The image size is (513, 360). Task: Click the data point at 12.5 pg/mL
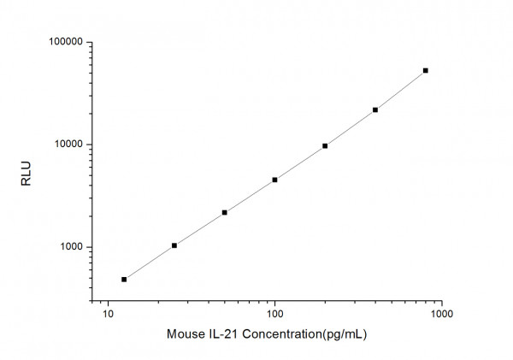124,279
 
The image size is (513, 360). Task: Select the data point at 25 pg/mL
174,245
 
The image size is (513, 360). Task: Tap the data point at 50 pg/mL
224,212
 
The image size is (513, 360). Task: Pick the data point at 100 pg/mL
274,180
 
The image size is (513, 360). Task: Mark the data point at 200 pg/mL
325,145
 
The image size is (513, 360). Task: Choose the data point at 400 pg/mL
375,109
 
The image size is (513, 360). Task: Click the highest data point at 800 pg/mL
426,70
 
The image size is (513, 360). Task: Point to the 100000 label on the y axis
64,42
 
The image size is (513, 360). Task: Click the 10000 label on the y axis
67,145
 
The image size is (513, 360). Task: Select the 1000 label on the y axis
69,247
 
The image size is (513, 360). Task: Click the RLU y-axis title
26,171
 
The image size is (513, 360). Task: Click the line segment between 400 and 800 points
400,91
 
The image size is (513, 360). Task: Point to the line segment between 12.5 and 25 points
150,262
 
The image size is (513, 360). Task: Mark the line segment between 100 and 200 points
299,162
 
